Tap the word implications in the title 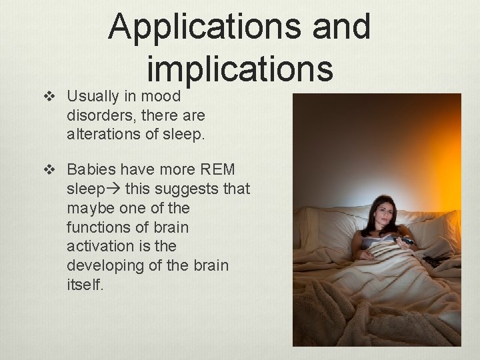239,69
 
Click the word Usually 93,96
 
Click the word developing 103,265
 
